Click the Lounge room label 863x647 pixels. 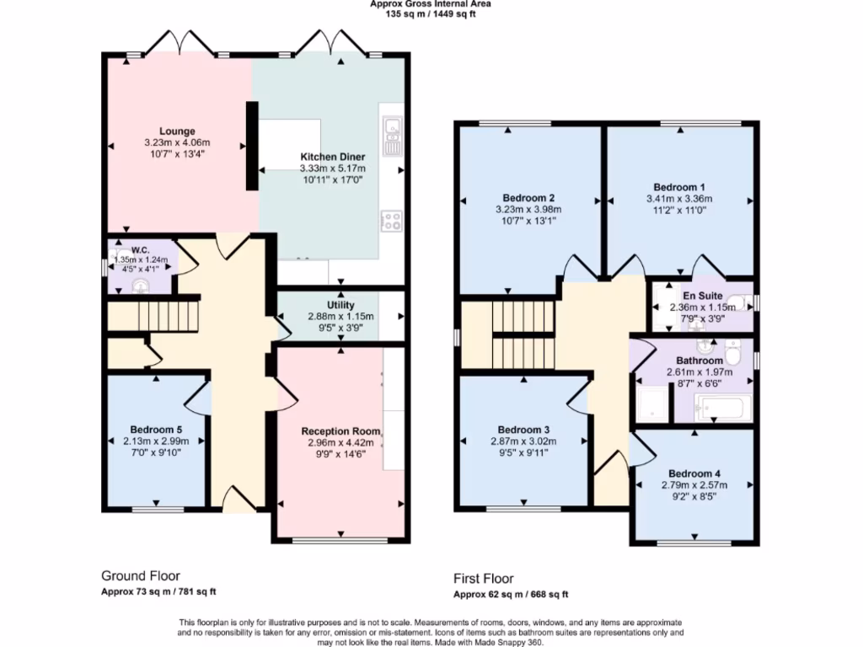pyautogui.click(x=177, y=131)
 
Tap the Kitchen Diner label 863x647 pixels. pyautogui.click(x=332, y=157)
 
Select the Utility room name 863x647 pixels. pyautogui.click(x=340, y=305)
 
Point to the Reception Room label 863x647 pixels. pyautogui.click(x=340, y=431)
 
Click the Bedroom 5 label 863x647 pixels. pyautogui.click(x=156, y=430)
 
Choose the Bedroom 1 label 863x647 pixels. pyautogui.click(x=679, y=187)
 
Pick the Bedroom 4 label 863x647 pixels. pyautogui.click(x=694, y=473)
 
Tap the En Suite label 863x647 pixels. pyautogui.click(x=702, y=296)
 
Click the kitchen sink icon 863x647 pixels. pyautogui.click(x=393, y=136)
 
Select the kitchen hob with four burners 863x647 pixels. pyautogui.click(x=392, y=221)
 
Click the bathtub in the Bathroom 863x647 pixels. pyautogui.click(x=722, y=408)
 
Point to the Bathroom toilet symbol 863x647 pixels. pyautogui.click(x=732, y=352)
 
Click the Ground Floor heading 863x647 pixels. pyautogui.click(x=141, y=576)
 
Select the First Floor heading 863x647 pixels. pyautogui.click(x=483, y=579)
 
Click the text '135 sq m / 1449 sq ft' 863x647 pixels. pyautogui.click(x=431, y=13)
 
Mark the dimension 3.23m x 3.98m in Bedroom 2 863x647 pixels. pyautogui.click(x=528, y=209)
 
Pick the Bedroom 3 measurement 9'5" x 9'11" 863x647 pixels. pyautogui.click(x=523, y=452)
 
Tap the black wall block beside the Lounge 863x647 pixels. pyautogui.click(x=251, y=146)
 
